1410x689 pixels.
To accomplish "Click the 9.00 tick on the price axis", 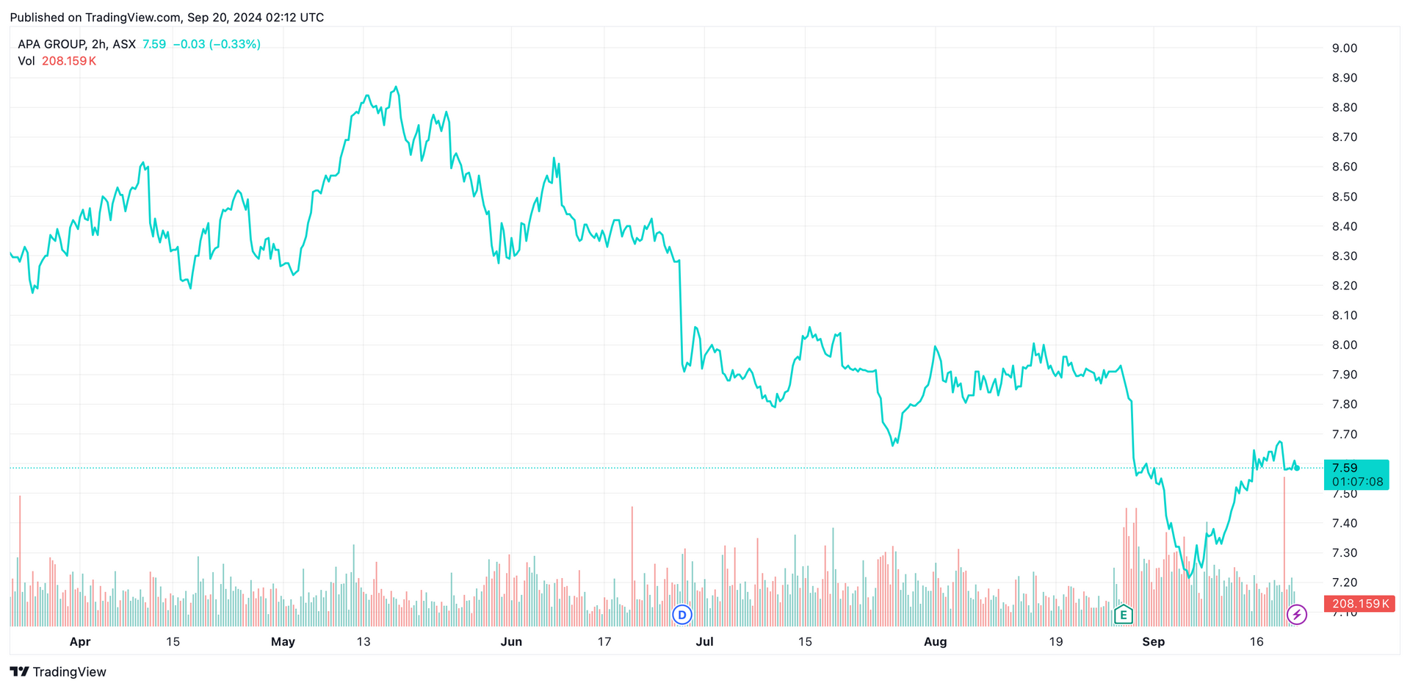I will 1344,48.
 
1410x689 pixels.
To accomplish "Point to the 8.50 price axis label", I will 1344,197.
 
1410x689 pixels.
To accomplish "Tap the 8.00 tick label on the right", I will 1344,345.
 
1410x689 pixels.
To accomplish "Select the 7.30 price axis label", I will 1344,553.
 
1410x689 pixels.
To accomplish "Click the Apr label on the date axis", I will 79,642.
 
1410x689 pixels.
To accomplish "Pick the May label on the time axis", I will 283,642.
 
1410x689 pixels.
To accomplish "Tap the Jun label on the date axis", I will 511,642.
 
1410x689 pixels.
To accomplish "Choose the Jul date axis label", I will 704,642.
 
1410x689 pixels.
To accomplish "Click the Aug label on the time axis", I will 935,642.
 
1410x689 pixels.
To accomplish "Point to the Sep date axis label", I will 1153,642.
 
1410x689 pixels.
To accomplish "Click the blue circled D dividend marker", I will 682,615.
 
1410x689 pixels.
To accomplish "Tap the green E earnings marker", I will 1123,615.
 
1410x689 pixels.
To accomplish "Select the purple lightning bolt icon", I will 1297,615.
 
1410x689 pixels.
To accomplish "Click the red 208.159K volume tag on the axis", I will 1359,604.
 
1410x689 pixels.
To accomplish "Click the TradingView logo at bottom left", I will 58,672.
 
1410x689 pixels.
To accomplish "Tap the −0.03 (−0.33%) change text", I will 217,44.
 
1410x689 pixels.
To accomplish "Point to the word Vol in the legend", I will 26,61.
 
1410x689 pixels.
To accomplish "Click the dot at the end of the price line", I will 1297,468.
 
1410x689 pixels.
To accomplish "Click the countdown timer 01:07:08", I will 1357,482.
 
